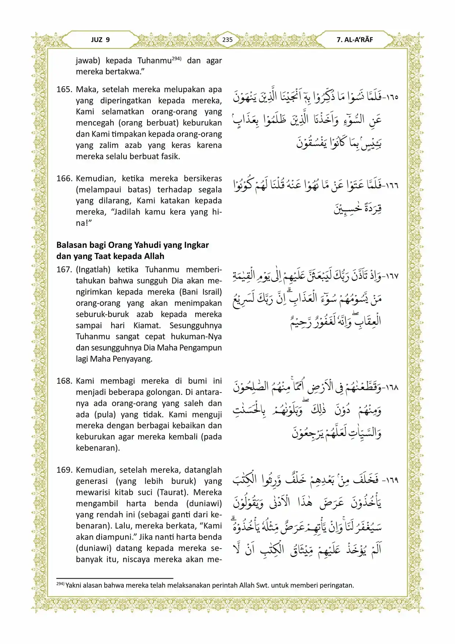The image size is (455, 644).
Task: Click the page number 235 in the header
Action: click(227, 40)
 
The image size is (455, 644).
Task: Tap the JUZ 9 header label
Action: click(101, 40)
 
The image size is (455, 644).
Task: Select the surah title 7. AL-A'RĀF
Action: click(354, 40)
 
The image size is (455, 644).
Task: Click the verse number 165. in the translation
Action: click(65, 90)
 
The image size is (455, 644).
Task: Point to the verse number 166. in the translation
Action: click(65, 179)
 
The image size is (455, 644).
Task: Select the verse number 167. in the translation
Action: click(65, 270)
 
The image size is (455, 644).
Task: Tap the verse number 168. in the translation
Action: click(65, 381)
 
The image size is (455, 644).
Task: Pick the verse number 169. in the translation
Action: click(65, 470)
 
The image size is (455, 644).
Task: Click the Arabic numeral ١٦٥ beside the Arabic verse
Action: click(391, 97)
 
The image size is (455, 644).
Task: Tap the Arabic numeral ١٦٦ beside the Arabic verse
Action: click(391, 185)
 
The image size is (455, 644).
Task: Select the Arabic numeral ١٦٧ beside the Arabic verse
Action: click(391, 276)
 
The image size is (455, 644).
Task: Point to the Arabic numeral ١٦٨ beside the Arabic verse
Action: click(391, 387)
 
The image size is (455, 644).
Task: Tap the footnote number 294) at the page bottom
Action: click(60, 584)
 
